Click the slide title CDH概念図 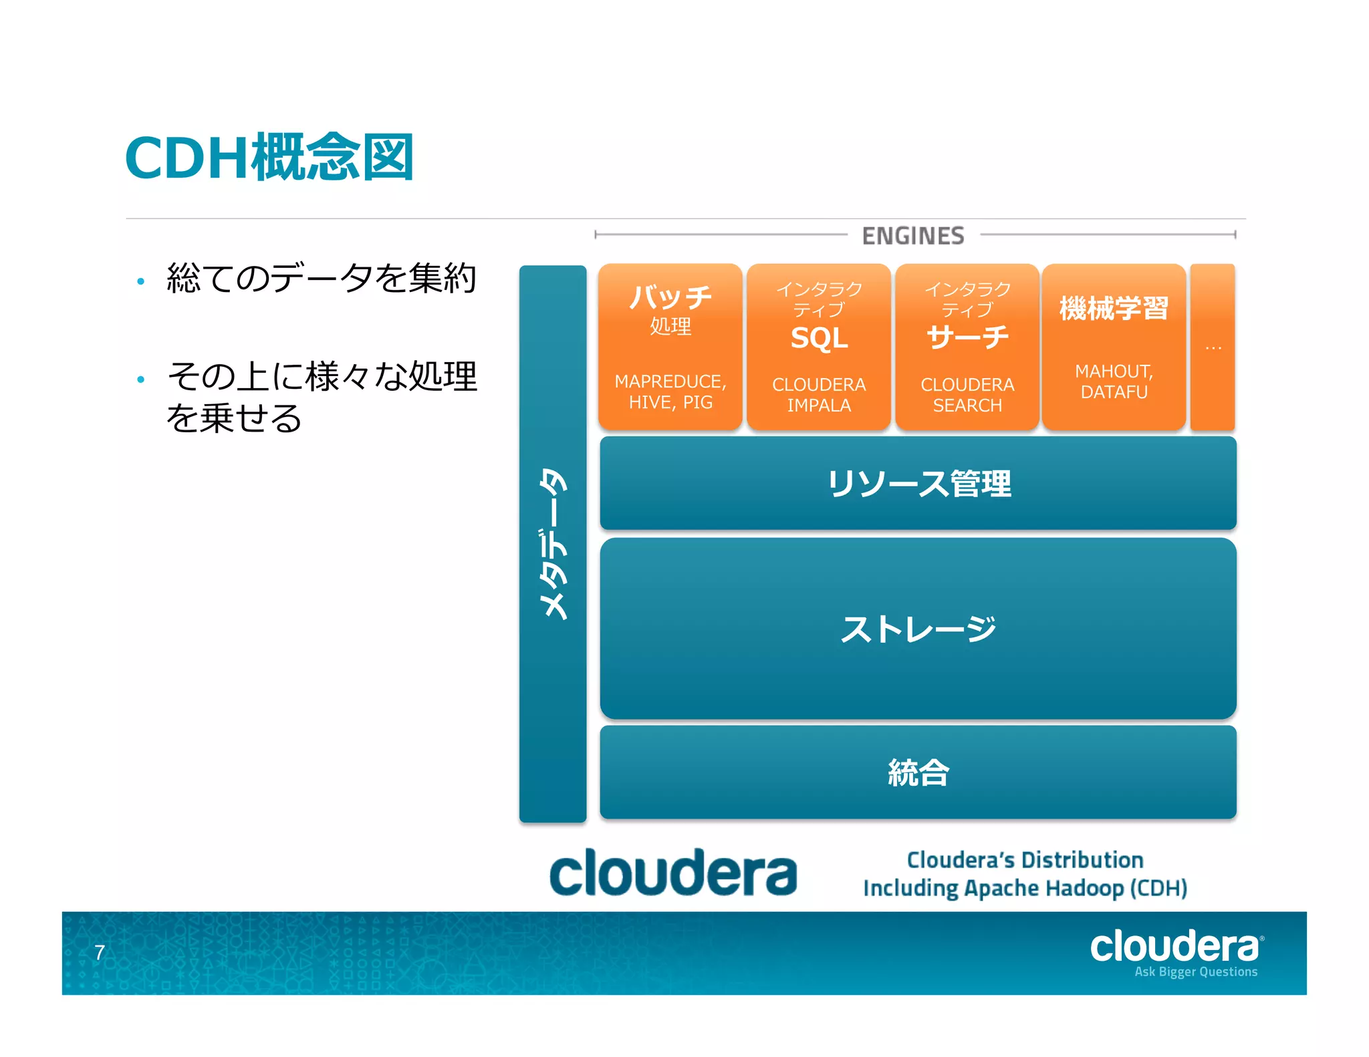click(269, 158)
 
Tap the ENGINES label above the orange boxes click(912, 236)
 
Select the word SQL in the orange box click(819, 338)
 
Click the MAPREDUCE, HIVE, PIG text click(670, 392)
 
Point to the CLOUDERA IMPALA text click(819, 395)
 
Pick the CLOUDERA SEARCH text click(967, 395)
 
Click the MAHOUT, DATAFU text click(1114, 382)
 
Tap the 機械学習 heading click(1114, 309)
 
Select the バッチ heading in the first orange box click(670, 297)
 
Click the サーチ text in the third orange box click(967, 337)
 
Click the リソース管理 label click(918, 484)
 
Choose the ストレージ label click(918, 629)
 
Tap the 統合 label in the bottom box click(918, 773)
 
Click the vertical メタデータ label click(553, 544)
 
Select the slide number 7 click(100, 952)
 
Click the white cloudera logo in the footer click(1175, 947)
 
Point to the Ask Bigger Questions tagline click(1195, 972)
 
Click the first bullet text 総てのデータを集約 click(321, 278)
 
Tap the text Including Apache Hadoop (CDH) click(1025, 889)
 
